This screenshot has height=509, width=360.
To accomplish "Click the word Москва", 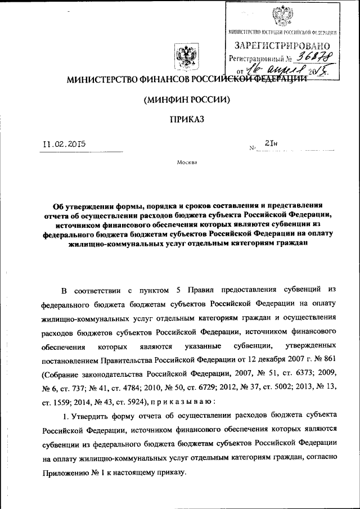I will pyautogui.click(x=187, y=163).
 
